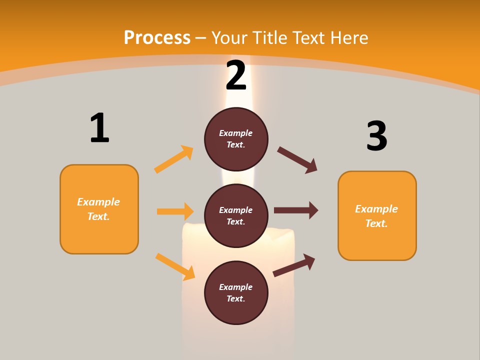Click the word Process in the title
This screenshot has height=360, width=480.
click(157, 38)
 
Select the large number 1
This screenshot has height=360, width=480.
click(99, 128)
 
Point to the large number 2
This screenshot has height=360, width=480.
click(236, 76)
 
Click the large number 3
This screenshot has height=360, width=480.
click(376, 136)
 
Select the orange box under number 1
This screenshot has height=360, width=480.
click(99, 209)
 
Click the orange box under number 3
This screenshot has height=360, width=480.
click(377, 216)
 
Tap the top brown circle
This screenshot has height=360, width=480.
click(236, 139)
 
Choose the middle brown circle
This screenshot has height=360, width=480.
click(236, 215)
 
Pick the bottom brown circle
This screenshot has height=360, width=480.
click(236, 292)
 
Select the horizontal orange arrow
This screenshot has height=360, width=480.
click(175, 211)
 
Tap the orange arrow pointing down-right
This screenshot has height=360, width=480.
click(175, 266)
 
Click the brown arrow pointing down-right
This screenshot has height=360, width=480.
click(297, 160)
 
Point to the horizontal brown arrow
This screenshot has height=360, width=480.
click(296, 210)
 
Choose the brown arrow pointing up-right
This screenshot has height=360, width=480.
click(294, 265)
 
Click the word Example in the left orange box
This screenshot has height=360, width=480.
click(98, 202)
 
